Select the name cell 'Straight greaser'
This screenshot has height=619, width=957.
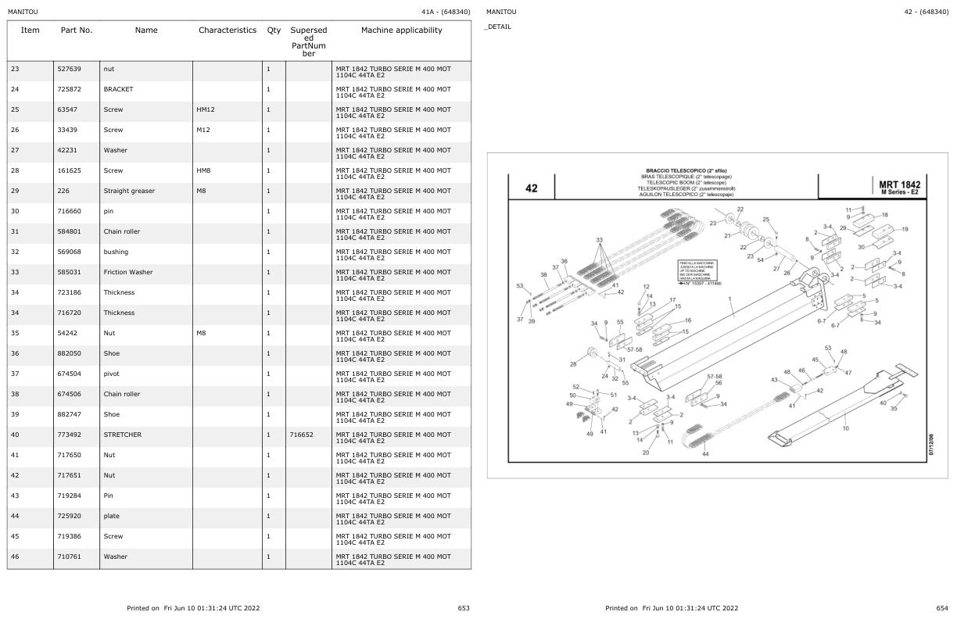pyautogui.click(x=129, y=191)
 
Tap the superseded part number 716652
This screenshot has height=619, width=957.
pyautogui.click(x=301, y=435)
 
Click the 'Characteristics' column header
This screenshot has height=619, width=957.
pyautogui.click(x=227, y=30)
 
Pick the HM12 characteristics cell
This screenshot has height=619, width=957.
pyautogui.click(x=206, y=109)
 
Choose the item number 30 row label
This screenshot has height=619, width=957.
pyautogui.click(x=15, y=211)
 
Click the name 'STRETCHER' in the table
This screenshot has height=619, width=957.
pyautogui.click(x=122, y=435)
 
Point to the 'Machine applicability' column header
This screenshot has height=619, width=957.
pyautogui.click(x=401, y=30)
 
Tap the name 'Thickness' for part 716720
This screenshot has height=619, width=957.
pyautogui.click(x=119, y=313)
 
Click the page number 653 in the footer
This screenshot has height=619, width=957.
pyautogui.click(x=464, y=608)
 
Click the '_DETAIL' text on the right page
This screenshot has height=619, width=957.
pyautogui.click(x=498, y=27)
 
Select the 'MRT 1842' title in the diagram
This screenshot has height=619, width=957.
pyautogui.click(x=899, y=185)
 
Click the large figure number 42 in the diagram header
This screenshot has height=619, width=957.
pyautogui.click(x=532, y=188)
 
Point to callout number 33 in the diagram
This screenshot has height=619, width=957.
pyautogui.click(x=600, y=241)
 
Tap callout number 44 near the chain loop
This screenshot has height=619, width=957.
pyautogui.click(x=705, y=455)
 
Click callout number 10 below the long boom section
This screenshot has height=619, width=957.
pyautogui.click(x=845, y=428)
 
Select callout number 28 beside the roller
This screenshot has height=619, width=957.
pyautogui.click(x=573, y=364)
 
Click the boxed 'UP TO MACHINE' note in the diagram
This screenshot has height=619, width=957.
pyautogui.click(x=699, y=273)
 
